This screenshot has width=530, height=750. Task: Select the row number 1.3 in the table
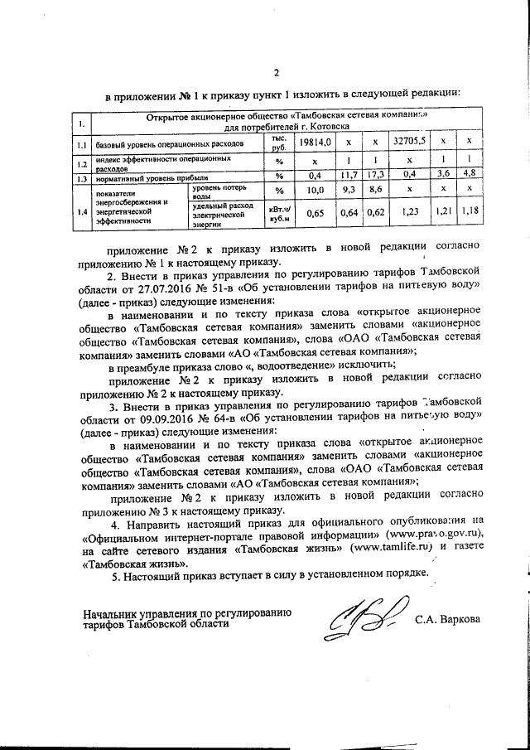[x=82, y=177]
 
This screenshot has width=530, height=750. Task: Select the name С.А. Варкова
[x=448, y=619]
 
